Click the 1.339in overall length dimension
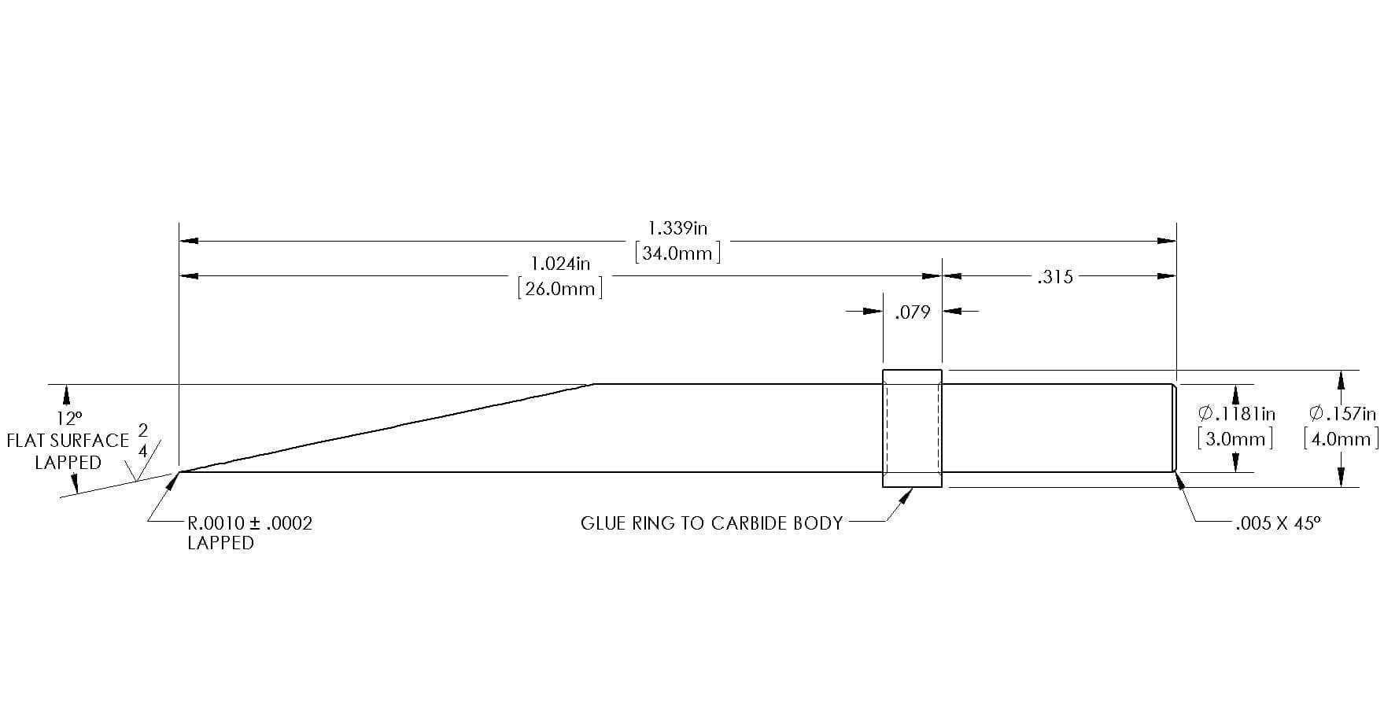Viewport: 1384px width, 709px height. (677, 228)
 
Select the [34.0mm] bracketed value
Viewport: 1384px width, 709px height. (677, 253)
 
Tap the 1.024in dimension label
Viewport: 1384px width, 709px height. (560, 263)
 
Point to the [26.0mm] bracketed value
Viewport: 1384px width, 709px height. (560, 288)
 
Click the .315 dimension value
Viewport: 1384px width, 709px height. (1054, 277)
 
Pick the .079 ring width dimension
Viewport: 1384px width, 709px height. (912, 312)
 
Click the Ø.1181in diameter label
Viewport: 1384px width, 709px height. (1236, 414)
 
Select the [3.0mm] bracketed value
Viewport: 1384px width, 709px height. (1235, 438)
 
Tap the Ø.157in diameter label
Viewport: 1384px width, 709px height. (1342, 413)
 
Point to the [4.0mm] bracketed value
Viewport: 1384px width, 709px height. (1342, 438)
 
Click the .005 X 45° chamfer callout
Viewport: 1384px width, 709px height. (1278, 523)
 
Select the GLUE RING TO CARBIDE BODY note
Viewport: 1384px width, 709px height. (711, 523)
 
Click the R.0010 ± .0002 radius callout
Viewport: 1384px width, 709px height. (249, 523)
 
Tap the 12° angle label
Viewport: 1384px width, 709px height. (68, 418)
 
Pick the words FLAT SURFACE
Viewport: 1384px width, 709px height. (68, 441)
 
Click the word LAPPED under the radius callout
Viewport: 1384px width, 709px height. (220, 543)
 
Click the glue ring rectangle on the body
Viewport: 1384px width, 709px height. (912, 370)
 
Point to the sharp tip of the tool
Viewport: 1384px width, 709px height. (179, 472)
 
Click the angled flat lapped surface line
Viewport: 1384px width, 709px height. (387, 428)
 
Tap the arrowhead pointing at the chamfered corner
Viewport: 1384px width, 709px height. (1179, 479)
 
